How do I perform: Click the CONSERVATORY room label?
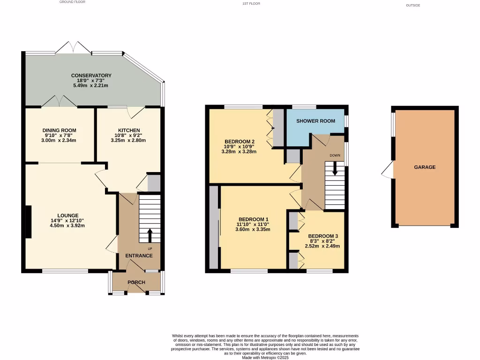click(91, 75)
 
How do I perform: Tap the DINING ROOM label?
click(59, 130)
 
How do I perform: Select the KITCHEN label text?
click(128, 130)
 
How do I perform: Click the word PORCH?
click(136, 283)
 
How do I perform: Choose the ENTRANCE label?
click(139, 255)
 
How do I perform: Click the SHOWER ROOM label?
click(315, 121)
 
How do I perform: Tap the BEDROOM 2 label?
click(240, 142)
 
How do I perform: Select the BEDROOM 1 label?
click(254, 219)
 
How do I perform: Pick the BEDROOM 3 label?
click(323, 236)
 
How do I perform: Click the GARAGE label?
click(425, 167)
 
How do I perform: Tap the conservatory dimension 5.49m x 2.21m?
click(91, 86)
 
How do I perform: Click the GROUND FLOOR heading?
click(73, 2)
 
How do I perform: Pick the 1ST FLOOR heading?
click(251, 4)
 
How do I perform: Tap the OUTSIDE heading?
click(413, 6)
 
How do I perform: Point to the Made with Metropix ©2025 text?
click(265, 357)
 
